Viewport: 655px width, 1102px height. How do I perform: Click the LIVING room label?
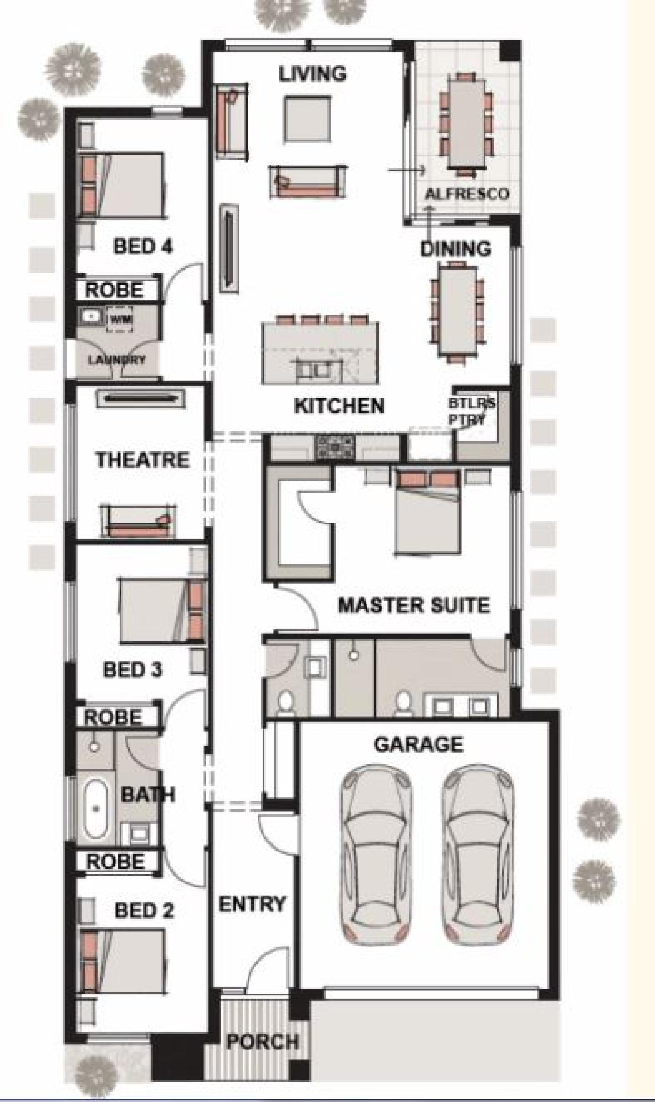312,74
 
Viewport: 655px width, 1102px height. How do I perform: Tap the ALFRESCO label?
467,194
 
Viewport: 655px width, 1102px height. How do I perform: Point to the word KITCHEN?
339,405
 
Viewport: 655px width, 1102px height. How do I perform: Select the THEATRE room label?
143,460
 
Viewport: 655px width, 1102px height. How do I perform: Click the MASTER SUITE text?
414,605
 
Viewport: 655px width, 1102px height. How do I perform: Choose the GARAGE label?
419,744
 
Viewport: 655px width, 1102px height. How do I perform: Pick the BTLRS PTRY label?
472,411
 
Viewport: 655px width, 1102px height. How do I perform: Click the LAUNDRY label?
117,360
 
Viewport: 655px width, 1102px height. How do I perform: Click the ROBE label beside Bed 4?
114,290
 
